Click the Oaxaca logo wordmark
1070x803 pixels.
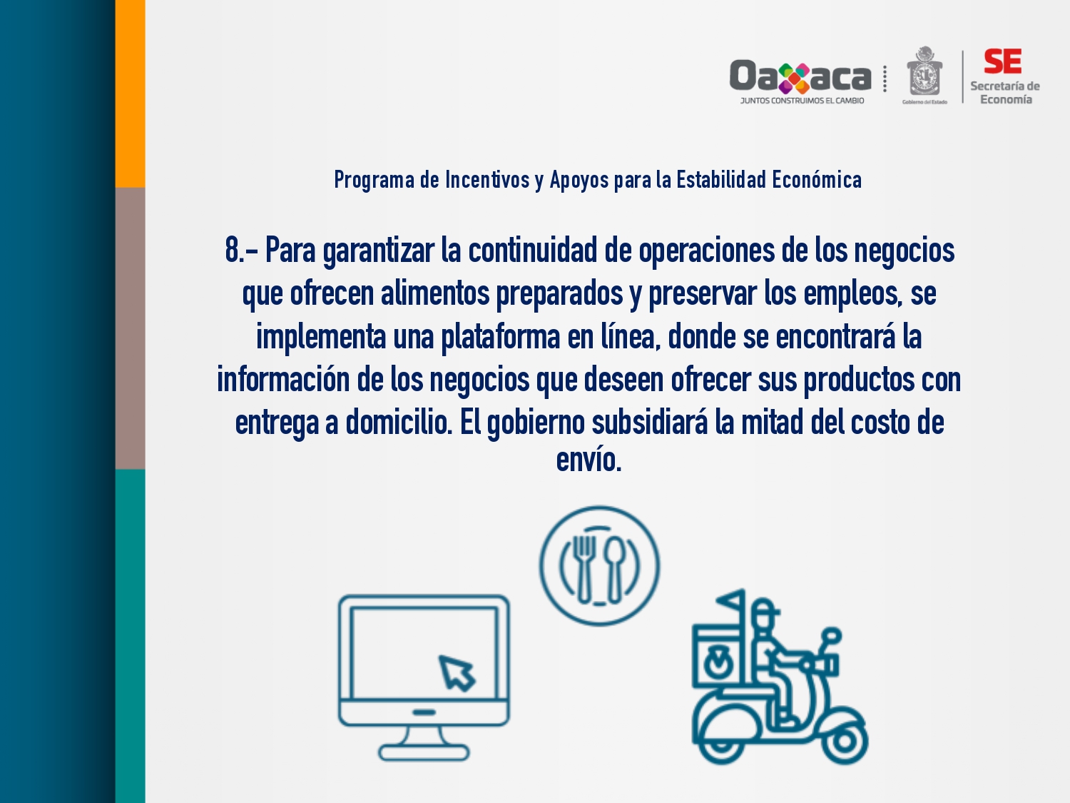(x=800, y=76)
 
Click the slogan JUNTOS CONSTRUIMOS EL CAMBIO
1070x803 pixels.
(x=802, y=101)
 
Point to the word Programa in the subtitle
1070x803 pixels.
(x=374, y=180)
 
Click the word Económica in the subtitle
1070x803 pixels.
(x=817, y=179)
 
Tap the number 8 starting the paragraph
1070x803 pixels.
(x=233, y=250)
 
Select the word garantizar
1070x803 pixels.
(x=378, y=251)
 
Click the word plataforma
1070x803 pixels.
(x=500, y=338)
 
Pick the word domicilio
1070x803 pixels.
(x=399, y=423)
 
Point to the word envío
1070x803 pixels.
(x=588, y=459)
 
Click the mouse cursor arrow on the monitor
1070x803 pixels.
(x=457, y=673)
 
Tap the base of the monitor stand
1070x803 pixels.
(x=424, y=752)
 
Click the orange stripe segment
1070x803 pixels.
(x=130, y=94)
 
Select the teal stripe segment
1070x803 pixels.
(x=130, y=636)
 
